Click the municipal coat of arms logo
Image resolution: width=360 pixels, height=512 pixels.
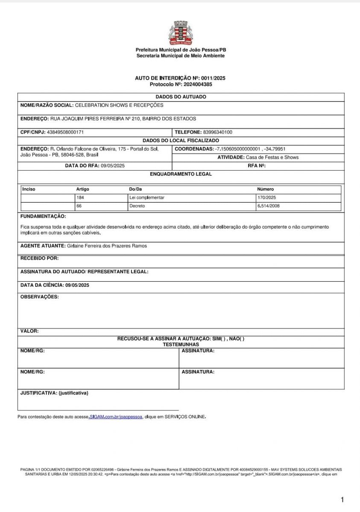[x=180, y=33]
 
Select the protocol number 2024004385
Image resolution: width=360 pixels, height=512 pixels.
[x=198, y=84]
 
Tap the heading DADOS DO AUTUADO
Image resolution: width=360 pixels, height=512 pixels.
[x=180, y=97]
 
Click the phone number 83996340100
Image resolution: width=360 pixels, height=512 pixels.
[x=218, y=132]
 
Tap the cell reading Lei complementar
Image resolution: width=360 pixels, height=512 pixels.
[x=147, y=198]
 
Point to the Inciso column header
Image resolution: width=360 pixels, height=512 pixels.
[x=29, y=189]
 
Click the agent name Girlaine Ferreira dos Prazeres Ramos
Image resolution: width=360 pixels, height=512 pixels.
[x=107, y=246]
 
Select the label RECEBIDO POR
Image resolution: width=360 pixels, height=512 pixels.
[x=40, y=258]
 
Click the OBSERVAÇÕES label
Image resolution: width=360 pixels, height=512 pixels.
[x=40, y=297]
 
